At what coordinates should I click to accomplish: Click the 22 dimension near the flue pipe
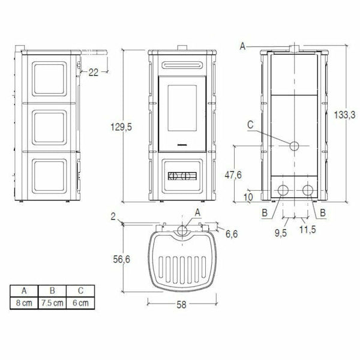[x=94, y=73]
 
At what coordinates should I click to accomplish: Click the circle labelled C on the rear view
[x=294, y=146]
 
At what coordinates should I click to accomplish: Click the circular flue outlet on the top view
[x=182, y=230]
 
